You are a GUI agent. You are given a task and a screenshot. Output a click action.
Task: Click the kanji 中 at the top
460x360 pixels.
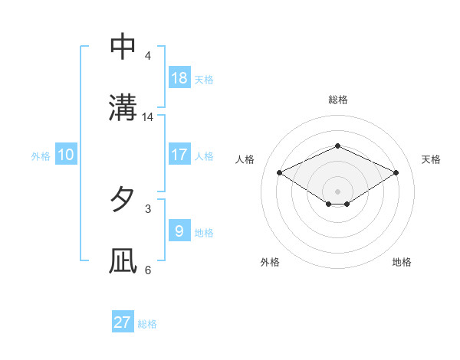click(123, 47)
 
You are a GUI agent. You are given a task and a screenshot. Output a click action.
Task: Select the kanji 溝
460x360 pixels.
click(123, 107)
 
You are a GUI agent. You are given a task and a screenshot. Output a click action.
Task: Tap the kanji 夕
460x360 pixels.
click(123, 199)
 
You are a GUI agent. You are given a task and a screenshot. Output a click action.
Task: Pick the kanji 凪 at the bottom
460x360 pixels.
click(123, 260)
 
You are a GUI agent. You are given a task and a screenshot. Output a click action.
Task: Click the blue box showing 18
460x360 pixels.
click(179, 77)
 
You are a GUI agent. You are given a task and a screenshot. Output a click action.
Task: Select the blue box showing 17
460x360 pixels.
click(179, 154)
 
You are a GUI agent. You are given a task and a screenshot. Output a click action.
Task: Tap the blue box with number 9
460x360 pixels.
click(179, 231)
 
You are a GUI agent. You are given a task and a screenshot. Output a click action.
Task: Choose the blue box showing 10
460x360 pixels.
click(66, 155)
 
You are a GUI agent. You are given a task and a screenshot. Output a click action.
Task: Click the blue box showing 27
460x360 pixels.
click(123, 322)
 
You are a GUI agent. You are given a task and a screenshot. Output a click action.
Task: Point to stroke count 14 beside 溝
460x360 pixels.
click(148, 117)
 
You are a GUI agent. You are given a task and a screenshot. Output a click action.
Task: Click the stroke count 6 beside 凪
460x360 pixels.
click(148, 270)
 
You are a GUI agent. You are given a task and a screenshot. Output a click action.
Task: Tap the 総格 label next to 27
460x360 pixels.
click(147, 324)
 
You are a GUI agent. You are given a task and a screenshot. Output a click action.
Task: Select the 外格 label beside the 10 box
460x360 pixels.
click(41, 156)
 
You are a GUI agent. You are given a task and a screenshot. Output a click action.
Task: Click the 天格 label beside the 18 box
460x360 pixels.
click(204, 80)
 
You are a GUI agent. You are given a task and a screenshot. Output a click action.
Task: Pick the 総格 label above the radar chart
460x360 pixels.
click(337, 100)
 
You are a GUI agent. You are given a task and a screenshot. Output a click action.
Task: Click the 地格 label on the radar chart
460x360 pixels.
click(402, 262)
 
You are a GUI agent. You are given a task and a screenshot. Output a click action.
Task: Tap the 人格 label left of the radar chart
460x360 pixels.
click(245, 159)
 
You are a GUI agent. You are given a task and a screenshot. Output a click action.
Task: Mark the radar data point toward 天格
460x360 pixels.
click(396, 173)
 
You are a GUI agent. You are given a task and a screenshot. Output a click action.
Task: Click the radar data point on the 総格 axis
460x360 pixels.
click(337, 146)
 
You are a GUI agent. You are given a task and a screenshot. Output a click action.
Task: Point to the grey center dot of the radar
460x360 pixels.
click(337, 191)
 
